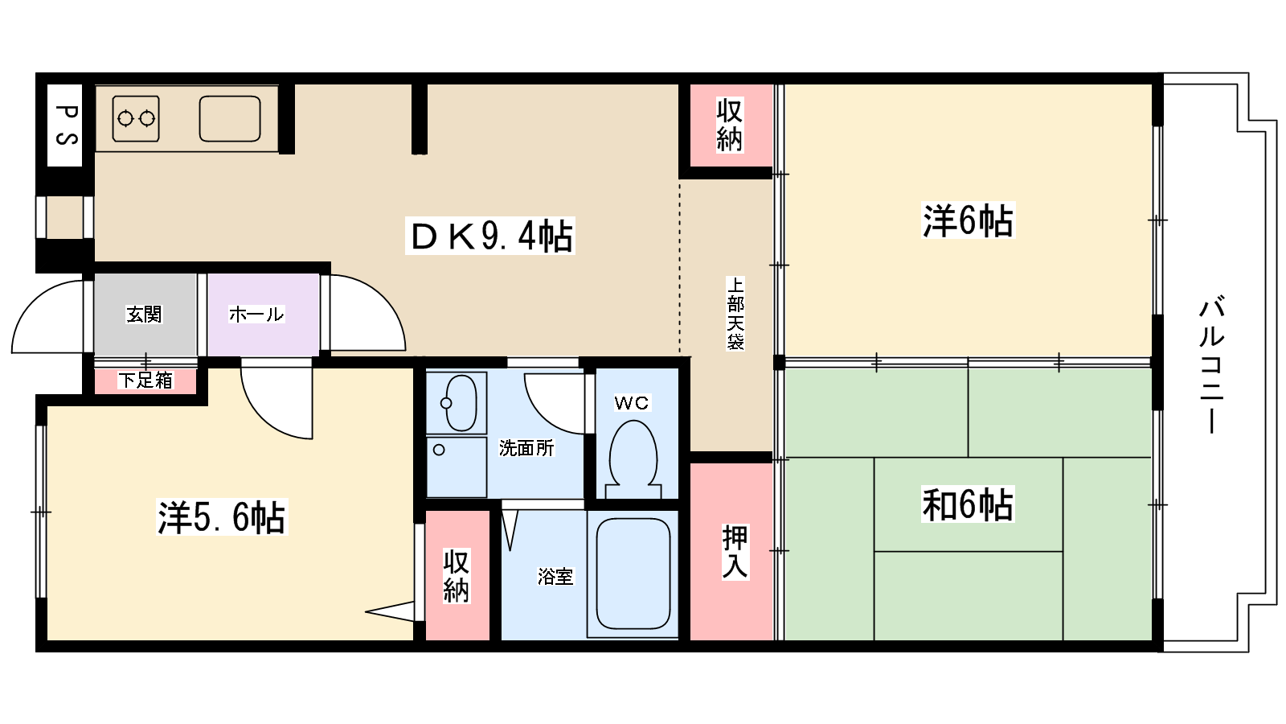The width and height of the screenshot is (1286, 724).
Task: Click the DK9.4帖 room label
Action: (492, 237)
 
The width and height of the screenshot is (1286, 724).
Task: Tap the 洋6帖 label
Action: (968, 220)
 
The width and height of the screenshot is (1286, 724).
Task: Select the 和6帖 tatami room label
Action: (968, 504)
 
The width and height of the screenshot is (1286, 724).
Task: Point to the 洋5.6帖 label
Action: (221, 517)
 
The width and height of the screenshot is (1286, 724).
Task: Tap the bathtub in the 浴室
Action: (633, 574)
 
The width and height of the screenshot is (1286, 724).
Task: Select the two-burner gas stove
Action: (136, 119)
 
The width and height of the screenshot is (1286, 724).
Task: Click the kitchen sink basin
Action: (230, 119)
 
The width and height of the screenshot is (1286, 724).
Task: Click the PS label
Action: (65, 125)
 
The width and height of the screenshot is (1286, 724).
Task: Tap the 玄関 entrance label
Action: (145, 315)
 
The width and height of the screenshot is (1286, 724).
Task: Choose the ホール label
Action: (256, 315)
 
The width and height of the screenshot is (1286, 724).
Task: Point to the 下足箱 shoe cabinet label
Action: (145, 381)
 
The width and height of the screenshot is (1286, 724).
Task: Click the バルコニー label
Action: (1212, 366)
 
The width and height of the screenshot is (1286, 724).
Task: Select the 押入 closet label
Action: (735, 552)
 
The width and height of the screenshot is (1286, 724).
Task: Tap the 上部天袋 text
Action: (735, 313)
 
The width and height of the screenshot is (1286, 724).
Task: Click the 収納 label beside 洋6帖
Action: (729, 125)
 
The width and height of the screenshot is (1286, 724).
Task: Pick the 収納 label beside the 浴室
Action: (456, 576)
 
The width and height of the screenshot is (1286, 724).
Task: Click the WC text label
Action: (632, 403)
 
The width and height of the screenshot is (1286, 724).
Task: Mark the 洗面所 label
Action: (526, 448)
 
